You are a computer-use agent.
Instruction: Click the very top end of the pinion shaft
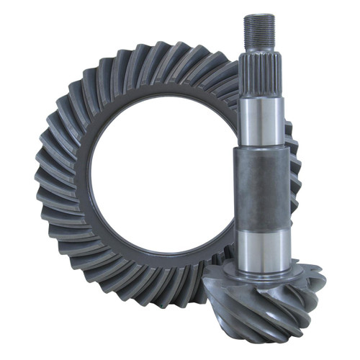(258, 15)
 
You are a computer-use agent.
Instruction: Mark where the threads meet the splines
(258, 50)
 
